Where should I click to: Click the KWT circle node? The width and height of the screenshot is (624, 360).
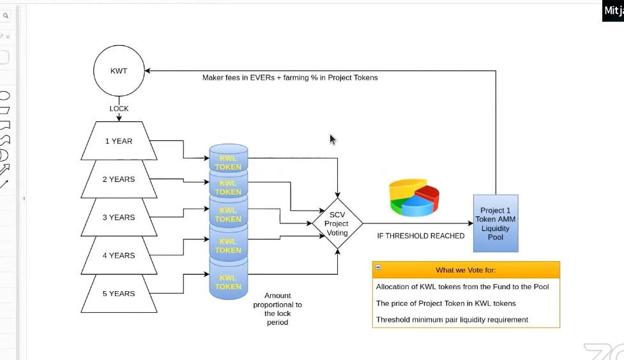(119, 71)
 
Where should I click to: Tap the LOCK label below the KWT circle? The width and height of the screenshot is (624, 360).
(119, 109)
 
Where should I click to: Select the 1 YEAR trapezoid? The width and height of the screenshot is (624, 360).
(119, 141)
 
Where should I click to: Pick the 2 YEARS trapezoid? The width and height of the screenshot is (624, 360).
(119, 179)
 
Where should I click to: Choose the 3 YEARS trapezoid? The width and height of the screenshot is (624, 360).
(119, 218)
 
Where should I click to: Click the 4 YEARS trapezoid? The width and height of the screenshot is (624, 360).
(119, 255)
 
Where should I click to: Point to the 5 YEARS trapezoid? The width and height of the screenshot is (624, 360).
(119, 294)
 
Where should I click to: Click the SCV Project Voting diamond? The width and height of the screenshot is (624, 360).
(337, 223)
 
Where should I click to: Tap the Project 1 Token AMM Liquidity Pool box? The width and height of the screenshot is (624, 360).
(496, 223)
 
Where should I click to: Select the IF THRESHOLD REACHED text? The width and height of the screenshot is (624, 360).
(420, 236)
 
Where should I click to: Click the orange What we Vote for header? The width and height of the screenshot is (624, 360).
(466, 270)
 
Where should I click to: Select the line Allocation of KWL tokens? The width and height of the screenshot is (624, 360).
(462, 287)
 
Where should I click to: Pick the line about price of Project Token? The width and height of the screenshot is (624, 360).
(446, 303)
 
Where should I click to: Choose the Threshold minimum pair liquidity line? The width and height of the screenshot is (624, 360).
(452, 320)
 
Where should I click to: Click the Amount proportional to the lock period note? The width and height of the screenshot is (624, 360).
(277, 309)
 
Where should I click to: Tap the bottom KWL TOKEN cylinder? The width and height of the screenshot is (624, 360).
(228, 281)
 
